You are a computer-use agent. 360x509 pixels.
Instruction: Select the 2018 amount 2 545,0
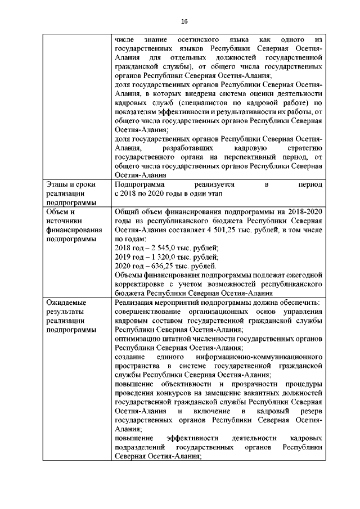coord(157,248)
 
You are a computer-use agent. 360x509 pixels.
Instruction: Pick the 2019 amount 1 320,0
coord(157,257)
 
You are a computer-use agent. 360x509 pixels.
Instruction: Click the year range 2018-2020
coord(305,212)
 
